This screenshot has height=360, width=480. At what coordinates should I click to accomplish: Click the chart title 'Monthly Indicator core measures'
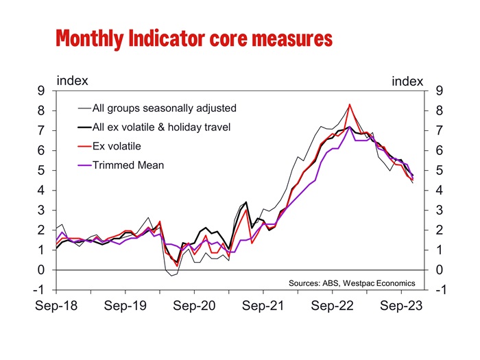[194, 38]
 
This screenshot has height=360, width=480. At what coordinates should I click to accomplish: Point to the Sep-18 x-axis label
[56, 306]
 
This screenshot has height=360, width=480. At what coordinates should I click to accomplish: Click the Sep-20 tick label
[195, 306]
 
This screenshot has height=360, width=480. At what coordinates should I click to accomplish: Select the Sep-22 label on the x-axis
[333, 306]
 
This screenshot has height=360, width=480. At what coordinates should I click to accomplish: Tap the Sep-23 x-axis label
[403, 306]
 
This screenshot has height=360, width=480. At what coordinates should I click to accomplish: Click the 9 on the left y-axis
[43, 91]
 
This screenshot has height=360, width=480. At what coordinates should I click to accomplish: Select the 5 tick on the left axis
[43, 170]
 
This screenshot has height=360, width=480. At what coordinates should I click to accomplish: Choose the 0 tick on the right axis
[437, 269]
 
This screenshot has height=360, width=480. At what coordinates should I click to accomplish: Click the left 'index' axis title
[72, 80]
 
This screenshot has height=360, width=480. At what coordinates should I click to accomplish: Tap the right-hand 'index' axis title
[407, 82]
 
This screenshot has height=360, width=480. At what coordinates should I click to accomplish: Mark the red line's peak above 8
[350, 104]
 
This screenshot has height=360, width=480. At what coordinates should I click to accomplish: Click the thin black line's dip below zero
[173, 275]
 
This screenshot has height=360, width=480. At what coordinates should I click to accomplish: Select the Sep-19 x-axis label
[125, 306]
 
